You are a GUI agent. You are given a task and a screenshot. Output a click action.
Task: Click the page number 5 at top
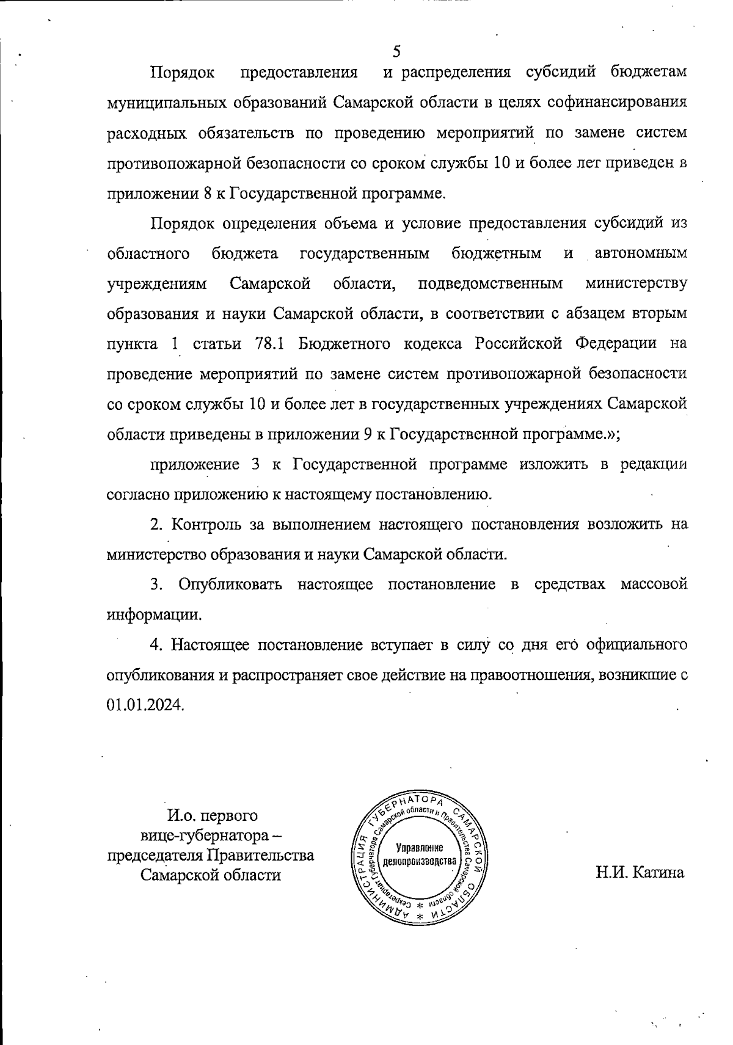[x=396, y=51]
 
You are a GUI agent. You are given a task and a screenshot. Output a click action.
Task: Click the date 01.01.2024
[x=145, y=704]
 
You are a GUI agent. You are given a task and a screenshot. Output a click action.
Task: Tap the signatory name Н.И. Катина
[x=640, y=872]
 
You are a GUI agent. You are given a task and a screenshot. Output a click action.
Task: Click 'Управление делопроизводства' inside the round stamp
[x=419, y=854]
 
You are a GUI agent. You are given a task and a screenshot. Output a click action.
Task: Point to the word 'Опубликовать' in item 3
[x=230, y=584]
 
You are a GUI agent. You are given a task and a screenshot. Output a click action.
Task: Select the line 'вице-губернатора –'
[x=211, y=835]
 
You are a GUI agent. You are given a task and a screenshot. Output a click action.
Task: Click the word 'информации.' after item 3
[x=154, y=614]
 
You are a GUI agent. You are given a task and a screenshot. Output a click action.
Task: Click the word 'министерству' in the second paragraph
[x=636, y=283]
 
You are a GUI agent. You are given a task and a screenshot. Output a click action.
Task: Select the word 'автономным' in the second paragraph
[x=641, y=253]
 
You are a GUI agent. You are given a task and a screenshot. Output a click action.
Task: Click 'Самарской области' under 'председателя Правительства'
[x=211, y=875]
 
